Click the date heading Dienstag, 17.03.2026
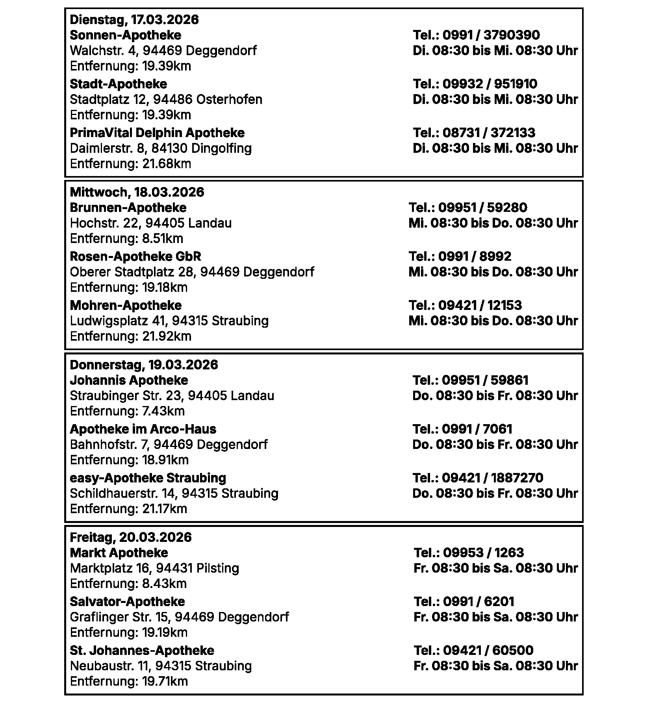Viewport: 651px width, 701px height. point(134,19)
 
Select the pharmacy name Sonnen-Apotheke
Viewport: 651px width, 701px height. point(125,35)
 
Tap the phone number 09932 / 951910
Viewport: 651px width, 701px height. point(490,84)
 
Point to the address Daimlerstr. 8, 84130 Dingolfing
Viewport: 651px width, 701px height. point(161,148)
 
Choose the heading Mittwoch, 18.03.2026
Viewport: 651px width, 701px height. point(137,192)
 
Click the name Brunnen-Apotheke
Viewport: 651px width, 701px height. point(128,208)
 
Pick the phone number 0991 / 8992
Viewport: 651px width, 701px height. point(475,256)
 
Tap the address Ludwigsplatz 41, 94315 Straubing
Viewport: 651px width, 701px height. point(169,321)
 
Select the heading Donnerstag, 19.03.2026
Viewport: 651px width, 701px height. point(144,365)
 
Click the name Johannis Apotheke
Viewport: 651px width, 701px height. point(129,380)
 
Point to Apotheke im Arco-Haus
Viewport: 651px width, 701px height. point(143,429)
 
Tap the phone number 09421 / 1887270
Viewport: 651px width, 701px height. point(493,478)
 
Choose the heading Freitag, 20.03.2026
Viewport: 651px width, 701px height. point(131,537)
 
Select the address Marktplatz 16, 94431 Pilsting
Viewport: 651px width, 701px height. point(154,568)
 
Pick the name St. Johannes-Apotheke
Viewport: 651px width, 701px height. point(142,650)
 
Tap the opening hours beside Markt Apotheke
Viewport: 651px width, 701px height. point(495,568)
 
